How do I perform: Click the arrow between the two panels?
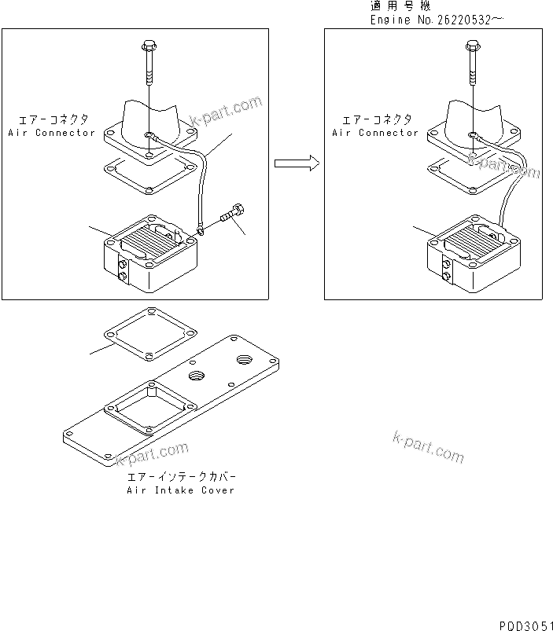click(296, 163)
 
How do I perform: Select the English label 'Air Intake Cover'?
click(180, 490)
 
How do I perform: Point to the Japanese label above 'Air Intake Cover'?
click(180, 477)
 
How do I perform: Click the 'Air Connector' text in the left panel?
click(52, 133)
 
